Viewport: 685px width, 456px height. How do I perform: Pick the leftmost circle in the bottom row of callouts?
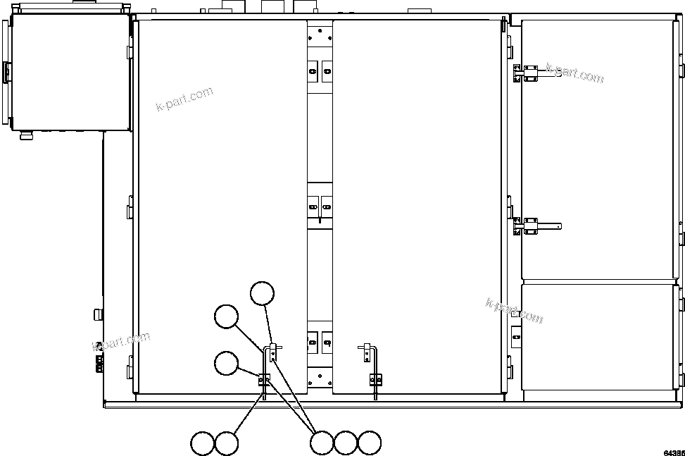[x=203, y=444]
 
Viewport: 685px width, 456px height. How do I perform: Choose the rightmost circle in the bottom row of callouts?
[x=370, y=443]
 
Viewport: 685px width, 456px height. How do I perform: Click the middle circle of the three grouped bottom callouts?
[x=346, y=443]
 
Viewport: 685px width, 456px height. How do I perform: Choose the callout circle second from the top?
[x=227, y=317]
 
